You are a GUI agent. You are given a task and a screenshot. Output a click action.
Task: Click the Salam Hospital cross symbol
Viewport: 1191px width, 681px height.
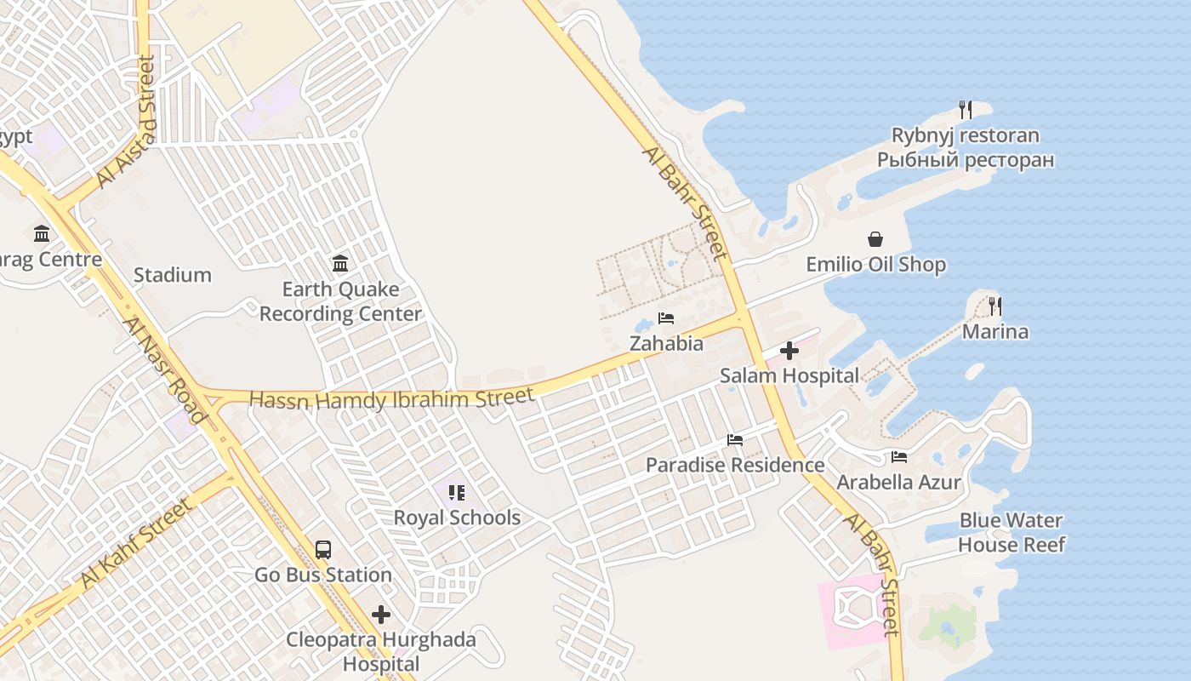789,351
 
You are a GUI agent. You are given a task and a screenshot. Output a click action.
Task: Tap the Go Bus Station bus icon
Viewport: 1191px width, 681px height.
323,550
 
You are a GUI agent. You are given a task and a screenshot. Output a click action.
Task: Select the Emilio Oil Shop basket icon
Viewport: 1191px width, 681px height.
875,240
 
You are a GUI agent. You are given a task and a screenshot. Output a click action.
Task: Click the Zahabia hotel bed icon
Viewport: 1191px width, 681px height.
666,318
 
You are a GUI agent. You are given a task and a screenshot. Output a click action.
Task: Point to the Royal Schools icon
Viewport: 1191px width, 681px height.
457,493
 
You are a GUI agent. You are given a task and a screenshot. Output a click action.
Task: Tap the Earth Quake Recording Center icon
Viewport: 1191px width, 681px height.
340,264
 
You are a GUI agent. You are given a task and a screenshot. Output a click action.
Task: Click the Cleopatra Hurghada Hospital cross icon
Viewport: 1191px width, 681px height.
381,614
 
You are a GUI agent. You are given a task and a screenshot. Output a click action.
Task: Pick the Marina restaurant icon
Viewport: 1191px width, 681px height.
994,306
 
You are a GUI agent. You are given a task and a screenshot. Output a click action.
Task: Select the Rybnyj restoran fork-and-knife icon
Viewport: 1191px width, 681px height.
965,110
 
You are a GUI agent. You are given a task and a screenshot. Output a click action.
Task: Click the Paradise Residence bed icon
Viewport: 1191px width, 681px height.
735,440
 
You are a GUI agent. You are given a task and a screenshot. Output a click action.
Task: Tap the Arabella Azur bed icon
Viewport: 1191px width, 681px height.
899,457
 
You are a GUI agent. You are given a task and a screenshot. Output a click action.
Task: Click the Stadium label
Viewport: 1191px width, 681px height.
173,275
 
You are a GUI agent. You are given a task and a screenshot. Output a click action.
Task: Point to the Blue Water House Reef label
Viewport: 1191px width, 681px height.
1011,532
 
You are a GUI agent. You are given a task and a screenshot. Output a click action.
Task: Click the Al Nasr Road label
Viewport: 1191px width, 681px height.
163,370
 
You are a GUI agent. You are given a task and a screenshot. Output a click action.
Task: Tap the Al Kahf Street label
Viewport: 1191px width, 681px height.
136,543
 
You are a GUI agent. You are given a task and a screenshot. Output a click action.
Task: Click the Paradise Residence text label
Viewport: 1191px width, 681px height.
735,465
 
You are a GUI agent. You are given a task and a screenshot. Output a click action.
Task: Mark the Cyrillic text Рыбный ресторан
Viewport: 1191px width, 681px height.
966,160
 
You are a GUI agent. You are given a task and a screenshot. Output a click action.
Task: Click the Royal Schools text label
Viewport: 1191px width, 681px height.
457,518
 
